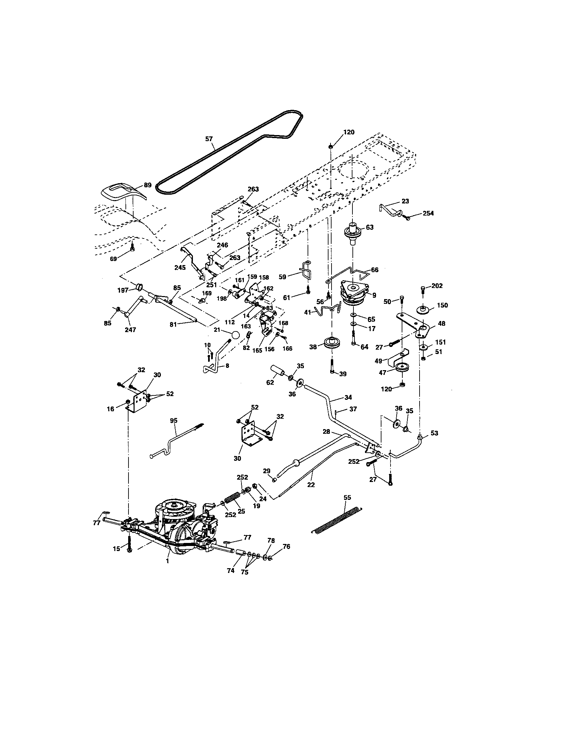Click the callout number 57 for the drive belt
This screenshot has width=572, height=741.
pos(209,139)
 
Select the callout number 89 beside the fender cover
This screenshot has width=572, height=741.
pos(148,185)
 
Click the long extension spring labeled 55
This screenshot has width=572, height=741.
pos(336,519)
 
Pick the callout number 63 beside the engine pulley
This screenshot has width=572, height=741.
pos(370,227)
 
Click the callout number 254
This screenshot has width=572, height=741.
pos(428,214)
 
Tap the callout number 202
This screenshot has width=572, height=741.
pos(437,286)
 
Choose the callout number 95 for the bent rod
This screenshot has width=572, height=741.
pos(174,420)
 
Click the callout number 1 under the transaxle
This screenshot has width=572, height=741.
pos(168,561)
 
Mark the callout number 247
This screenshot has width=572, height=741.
pos(131,329)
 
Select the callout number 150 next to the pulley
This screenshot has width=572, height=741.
pos(442,305)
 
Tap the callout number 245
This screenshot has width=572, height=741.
pos(180,267)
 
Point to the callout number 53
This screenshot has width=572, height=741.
pos(434,433)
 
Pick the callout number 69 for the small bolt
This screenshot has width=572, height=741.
pos(113,259)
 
